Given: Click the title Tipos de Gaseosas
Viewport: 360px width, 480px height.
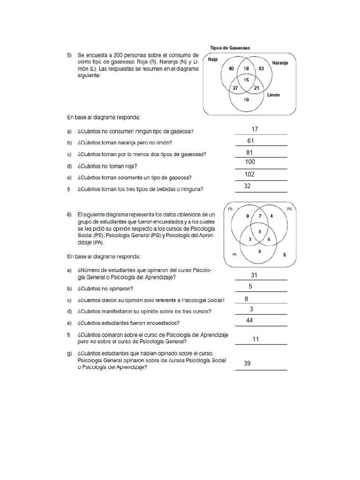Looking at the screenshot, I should [x=229, y=48].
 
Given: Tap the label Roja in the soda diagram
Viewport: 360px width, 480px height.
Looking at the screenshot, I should [x=213, y=60].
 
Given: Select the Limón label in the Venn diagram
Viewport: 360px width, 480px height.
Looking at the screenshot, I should [x=273, y=95].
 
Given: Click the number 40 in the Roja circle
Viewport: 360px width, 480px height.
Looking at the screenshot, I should [x=231, y=69].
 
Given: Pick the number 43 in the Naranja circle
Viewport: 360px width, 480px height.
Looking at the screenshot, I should [x=261, y=69].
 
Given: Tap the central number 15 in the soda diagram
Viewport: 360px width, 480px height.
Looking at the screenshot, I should [x=246, y=80].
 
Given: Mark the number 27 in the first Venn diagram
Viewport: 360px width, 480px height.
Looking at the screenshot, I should [x=235, y=88].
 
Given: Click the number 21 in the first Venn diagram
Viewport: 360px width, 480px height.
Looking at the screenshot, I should [x=256, y=88].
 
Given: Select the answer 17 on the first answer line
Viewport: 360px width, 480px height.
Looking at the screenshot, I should [x=255, y=129].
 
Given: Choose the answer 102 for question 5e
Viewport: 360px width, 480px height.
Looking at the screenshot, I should [x=249, y=174].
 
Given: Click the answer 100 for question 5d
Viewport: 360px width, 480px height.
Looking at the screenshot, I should [x=250, y=162].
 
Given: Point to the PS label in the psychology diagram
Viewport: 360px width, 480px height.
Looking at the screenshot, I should [x=230, y=209].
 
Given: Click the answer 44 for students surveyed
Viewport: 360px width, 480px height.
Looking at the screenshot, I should [x=250, y=320].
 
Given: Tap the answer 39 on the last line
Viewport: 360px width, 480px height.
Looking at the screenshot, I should [x=247, y=363].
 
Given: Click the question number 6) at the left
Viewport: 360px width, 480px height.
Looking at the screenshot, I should [x=69, y=214].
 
